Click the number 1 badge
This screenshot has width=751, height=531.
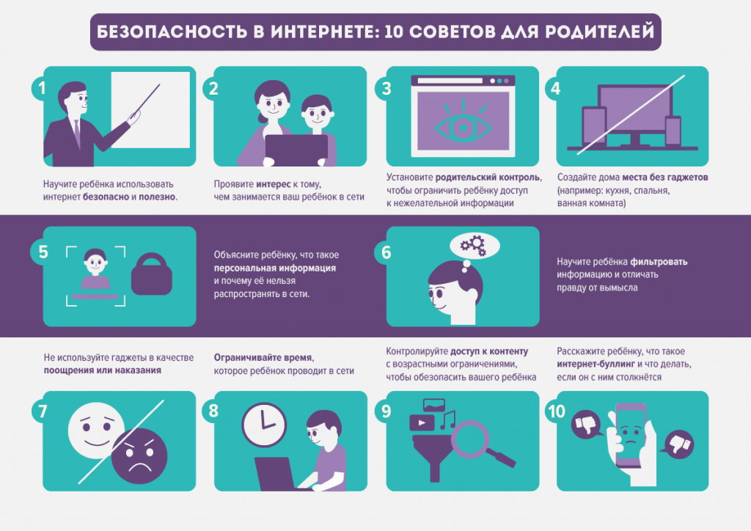(x=43, y=88)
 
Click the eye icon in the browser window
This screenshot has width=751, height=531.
(x=463, y=126)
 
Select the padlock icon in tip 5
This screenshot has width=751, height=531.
(x=151, y=274)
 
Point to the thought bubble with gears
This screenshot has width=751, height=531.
(x=475, y=246)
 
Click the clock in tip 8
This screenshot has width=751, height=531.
(x=264, y=425)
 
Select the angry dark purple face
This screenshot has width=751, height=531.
(x=139, y=456)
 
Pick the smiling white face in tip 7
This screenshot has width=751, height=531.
(x=95, y=431)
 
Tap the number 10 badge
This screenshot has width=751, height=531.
(x=557, y=411)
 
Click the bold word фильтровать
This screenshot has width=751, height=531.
(x=659, y=262)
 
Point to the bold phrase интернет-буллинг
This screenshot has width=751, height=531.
(x=596, y=364)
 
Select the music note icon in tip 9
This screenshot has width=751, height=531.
(x=448, y=420)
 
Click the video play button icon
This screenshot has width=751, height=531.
(x=422, y=422)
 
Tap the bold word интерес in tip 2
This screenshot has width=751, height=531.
(x=273, y=184)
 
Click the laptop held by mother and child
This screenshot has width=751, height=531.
(x=296, y=150)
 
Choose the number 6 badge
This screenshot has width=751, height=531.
(x=386, y=252)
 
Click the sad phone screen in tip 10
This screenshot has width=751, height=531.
(x=631, y=436)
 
